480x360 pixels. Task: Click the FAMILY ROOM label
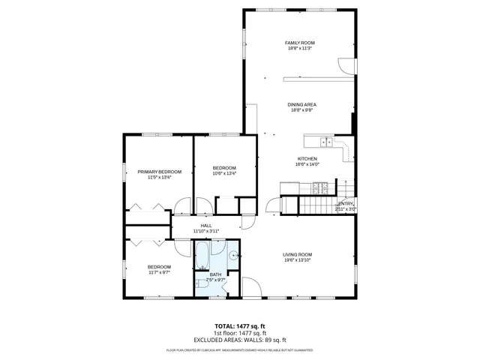(x=299, y=43)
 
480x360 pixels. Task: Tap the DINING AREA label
(x=301, y=104)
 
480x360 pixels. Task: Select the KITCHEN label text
(x=307, y=158)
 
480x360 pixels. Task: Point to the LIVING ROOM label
(x=297, y=254)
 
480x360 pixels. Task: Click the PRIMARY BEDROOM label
(x=159, y=172)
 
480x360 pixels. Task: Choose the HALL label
(x=205, y=225)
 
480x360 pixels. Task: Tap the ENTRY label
(x=345, y=203)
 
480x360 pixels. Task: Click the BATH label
(x=215, y=274)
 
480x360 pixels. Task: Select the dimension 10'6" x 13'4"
(x=224, y=173)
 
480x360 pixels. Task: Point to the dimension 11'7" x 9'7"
(x=159, y=272)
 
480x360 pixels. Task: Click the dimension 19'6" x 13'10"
(x=297, y=260)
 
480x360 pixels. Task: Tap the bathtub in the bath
(x=202, y=256)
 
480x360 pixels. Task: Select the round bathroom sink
(x=233, y=256)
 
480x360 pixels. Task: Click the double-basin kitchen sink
(x=326, y=141)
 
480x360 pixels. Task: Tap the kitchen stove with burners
(x=290, y=187)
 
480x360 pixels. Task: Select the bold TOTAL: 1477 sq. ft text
(x=240, y=326)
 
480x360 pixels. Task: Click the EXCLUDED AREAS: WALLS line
(x=240, y=340)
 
